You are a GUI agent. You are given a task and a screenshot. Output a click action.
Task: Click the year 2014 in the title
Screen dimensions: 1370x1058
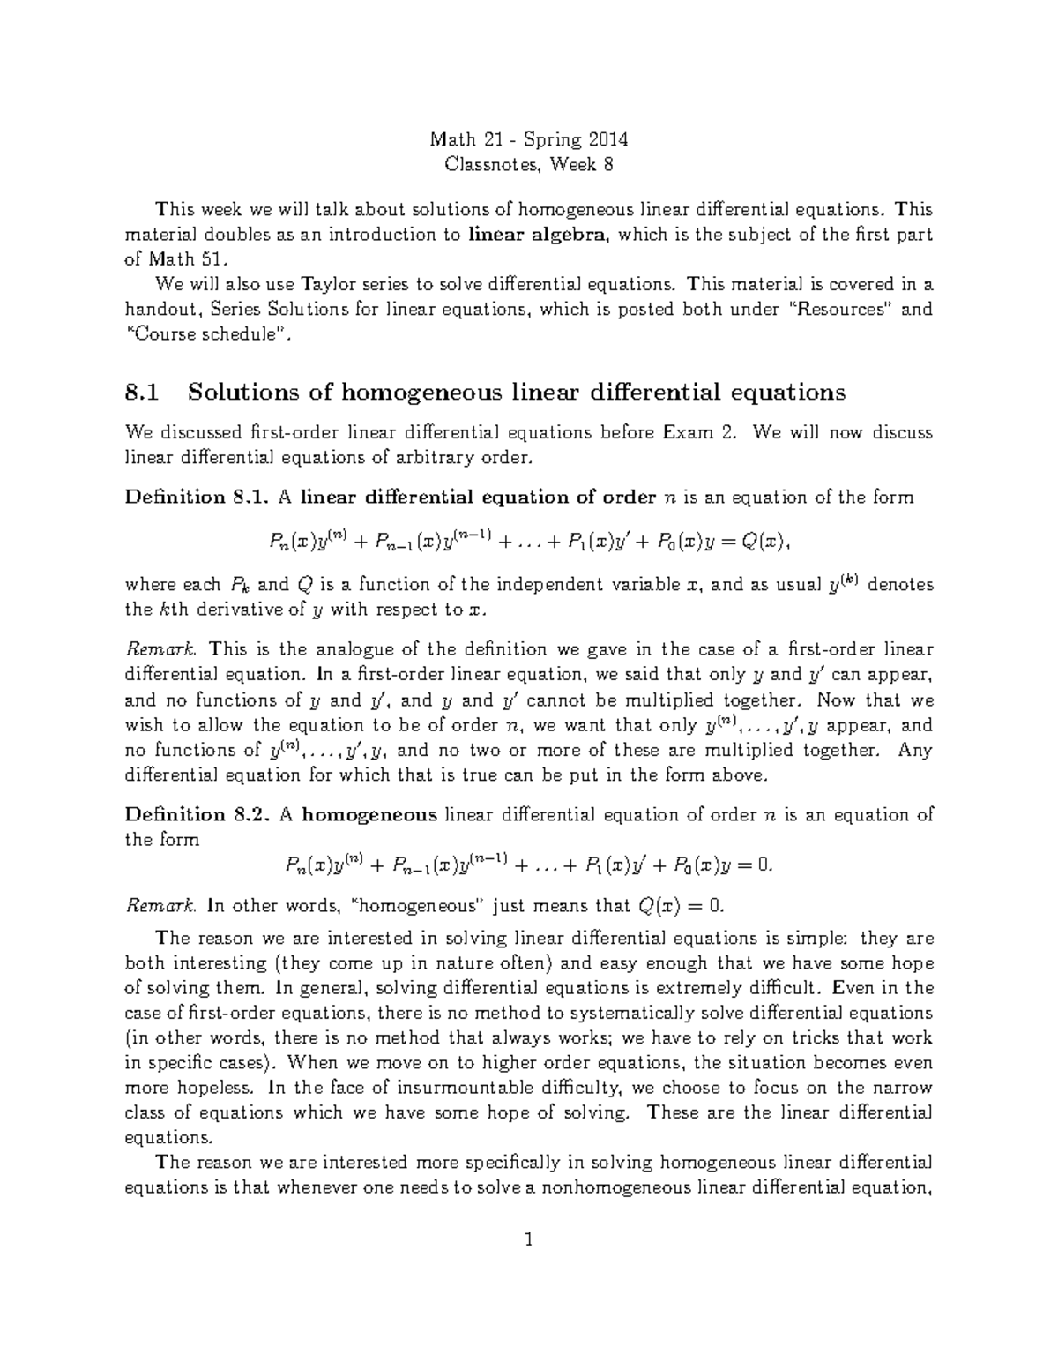tap(607, 139)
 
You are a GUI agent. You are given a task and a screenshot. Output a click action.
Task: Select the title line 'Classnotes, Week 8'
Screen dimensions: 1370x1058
tap(529, 164)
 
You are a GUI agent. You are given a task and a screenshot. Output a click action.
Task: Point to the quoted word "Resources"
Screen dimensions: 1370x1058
tap(838, 310)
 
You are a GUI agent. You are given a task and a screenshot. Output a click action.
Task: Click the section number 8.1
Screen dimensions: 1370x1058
tap(144, 392)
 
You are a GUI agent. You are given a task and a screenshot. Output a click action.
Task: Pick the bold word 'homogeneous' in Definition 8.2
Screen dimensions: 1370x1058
tap(369, 814)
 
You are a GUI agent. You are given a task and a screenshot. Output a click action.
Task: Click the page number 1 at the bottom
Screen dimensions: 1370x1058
tap(529, 1241)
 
